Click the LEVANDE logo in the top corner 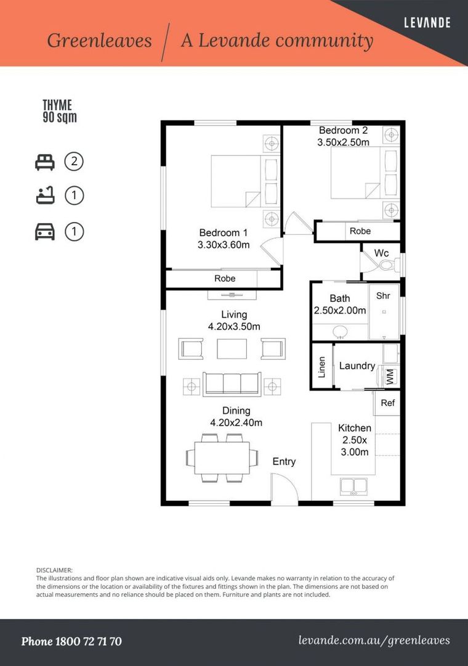[427, 23]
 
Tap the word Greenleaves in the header [99, 41]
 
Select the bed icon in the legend [44, 162]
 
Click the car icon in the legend [44, 232]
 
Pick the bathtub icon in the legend [44, 197]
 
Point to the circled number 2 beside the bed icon [74, 162]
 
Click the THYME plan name [57, 105]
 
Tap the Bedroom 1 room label [223, 232]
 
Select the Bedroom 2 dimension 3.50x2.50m [343, 142]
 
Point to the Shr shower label [383, 295]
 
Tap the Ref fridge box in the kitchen [387, 403]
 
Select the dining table [222, 458]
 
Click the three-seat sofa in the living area [232, 384]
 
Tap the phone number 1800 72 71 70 [71, 641]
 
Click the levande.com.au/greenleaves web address [374, 641]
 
